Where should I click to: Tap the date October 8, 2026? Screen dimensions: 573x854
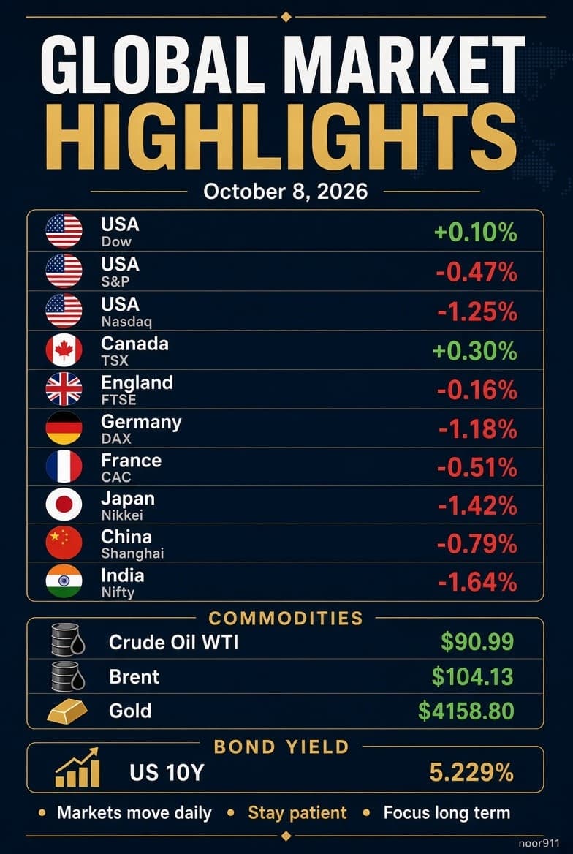click(x=286, y=192)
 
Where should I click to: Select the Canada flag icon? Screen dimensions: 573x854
click(x=64, y=349)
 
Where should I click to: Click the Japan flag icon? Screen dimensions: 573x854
click(x=64, y=505)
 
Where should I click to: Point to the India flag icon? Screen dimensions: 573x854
click(x=64, y=581)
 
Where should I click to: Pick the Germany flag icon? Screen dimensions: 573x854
click(x=64, y=428)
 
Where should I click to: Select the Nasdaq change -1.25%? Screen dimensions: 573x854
click(x=477, y=311)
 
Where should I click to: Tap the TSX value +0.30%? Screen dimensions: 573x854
click(x=474, y=351)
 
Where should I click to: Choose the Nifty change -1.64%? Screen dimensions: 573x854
click(x=477, y=583)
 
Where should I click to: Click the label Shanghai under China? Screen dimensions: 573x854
click(x=132, y=553)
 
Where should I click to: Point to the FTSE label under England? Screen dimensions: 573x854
click(x=118, y=400)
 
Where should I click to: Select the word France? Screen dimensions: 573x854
click(x=132, y=460)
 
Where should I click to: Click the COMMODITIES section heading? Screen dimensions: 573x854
click(x=286, y=618)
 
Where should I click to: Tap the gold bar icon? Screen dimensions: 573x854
click(x=67, y=711)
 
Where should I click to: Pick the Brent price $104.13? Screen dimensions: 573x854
click(x=473, y=676)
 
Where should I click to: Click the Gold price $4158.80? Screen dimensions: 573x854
click(x=466, y=711)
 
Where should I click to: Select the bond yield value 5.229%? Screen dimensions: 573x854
click(x=471, y=772)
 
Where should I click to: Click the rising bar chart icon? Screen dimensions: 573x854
click(x=77, y=767)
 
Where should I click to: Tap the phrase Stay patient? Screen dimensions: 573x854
click(x=297, y=813)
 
